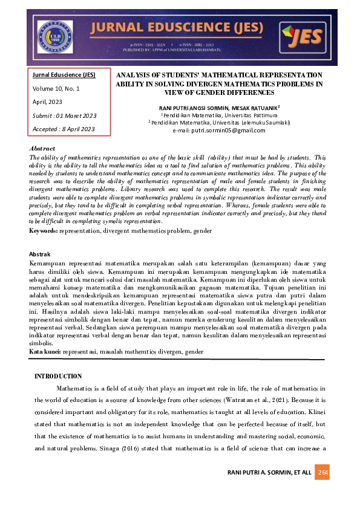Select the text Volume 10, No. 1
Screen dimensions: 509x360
[x=56, y=88]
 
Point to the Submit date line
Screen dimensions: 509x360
[x=64, y=115]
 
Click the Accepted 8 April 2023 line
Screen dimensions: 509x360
[x=64, y=129]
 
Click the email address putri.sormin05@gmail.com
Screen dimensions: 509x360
[x=227, y=130]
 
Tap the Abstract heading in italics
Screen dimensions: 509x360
[x=42, y=149]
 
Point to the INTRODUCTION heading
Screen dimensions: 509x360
[x=58, y=376]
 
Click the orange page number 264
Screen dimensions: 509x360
[x=322, y=472]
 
